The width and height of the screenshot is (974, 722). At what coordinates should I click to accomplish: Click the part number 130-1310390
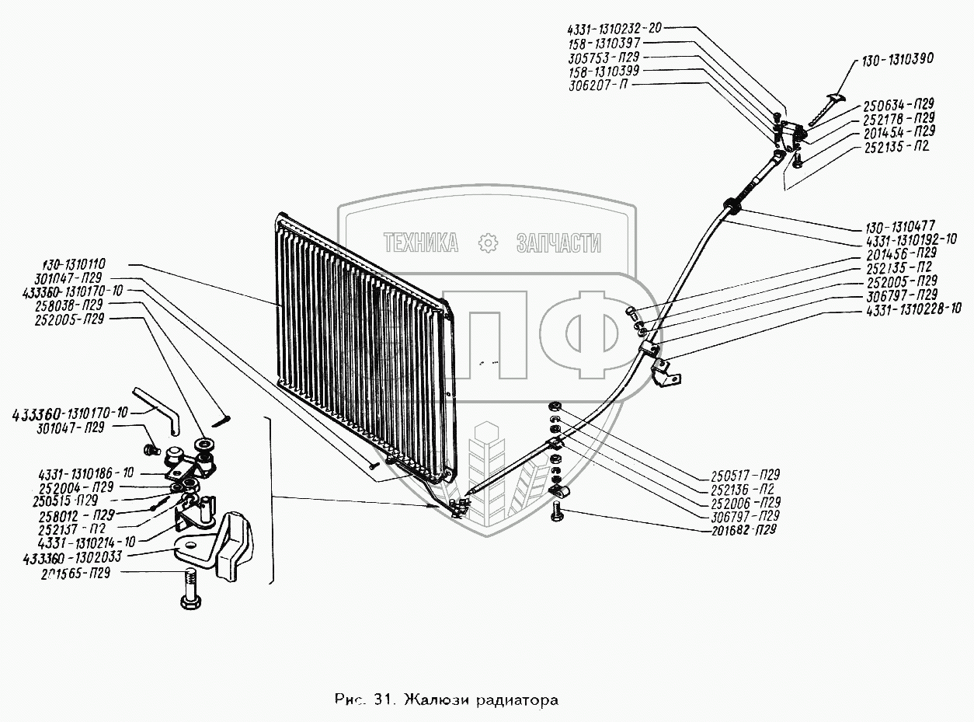pyautogui.click(x=897, y=59)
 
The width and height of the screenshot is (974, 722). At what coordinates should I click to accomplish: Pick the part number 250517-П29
pyautogui.click(x=744, y=474)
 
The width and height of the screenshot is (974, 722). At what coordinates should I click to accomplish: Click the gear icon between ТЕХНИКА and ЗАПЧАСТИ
pyautogui.click(x=487, y=243)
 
